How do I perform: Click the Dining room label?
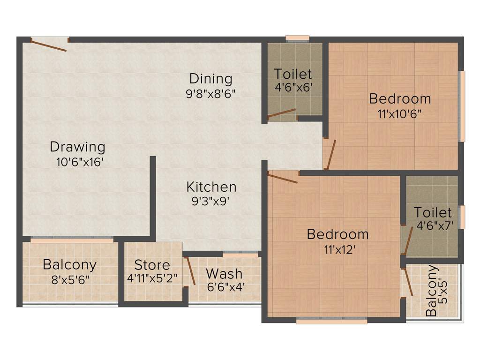[210, 78]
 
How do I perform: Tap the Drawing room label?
[77, 147]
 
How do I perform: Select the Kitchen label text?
[211, 187]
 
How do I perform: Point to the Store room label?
[152, 264]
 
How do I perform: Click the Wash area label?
[224, 273]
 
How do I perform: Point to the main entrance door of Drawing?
[49, 45]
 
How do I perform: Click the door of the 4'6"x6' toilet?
[282, 114]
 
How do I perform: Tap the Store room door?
[190, 271]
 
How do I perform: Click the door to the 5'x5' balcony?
[408, 282]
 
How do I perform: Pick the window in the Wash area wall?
[240, 255]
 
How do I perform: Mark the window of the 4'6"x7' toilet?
[462, 217]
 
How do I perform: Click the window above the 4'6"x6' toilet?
[298, 38]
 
